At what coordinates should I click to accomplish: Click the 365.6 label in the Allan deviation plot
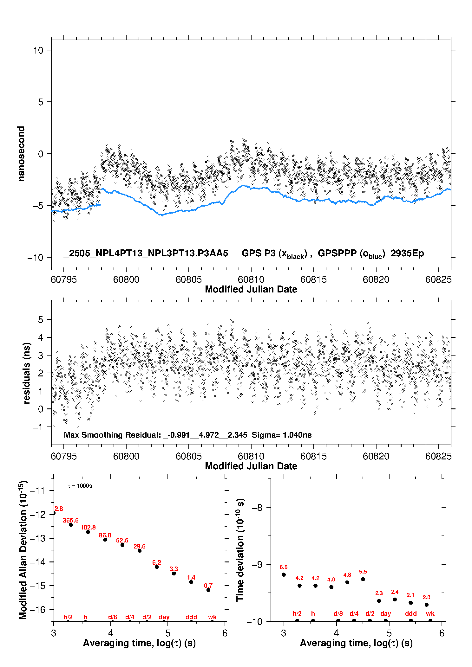(x=70, y=520)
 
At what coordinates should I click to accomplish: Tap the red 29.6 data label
(x=140, y=546)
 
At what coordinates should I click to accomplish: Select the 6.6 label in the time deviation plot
(x=284, y=567)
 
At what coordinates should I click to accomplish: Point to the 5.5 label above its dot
(x=363, y=572)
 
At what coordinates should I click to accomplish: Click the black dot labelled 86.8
(x=105, y=540)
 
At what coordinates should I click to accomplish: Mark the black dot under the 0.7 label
(x=208, y=590)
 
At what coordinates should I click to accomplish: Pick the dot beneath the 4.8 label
(x=347, y=582)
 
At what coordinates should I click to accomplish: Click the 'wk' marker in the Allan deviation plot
(x=212, y=617)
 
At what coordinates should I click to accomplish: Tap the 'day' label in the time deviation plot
(x=386, y=614)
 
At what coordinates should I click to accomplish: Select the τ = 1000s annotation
(x=80, y=486)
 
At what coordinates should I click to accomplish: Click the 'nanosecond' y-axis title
(x=21, y=154)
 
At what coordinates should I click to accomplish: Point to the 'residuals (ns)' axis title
(x=27, y=373)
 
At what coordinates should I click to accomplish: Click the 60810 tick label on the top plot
(x=251, y=279)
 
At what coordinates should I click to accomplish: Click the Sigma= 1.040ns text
(x=282, y=435)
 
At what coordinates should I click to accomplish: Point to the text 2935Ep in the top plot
(x=407, y=253)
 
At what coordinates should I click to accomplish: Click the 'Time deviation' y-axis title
(x=240, y=550)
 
